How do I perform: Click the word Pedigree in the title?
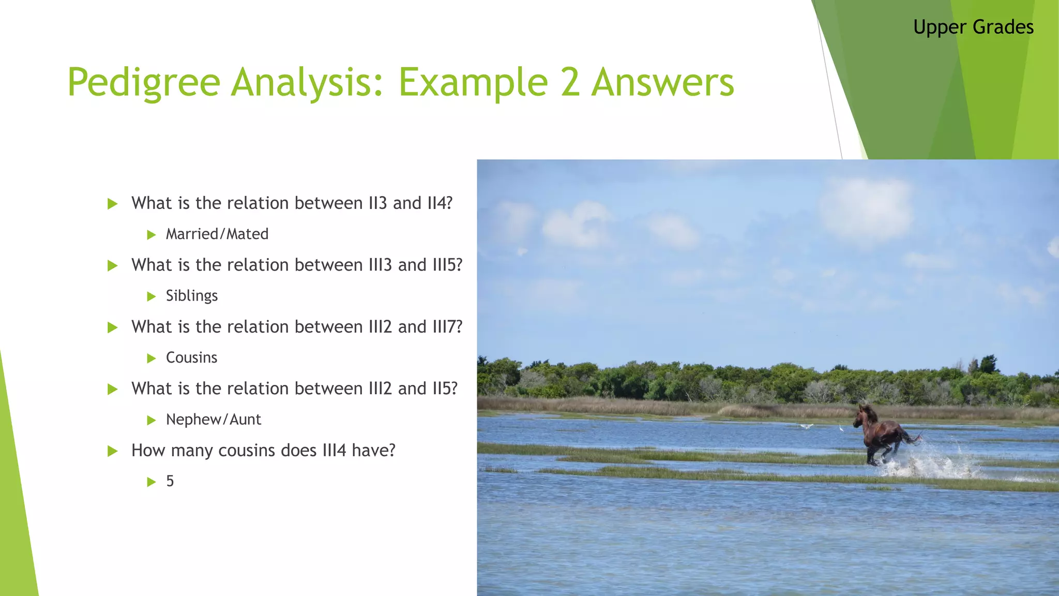click(144, 83)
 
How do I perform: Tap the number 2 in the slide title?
click(570, 83)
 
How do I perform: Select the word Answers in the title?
click(662, 83)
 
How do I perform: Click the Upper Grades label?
click(973, 27)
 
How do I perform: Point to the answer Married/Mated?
click(217, 234)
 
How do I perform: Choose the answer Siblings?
click(192, 296)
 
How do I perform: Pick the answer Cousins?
click(191, 357)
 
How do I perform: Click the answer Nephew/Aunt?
click(213, 420)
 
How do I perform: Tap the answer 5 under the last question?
click(170, 481)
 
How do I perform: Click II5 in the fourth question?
click(444, 389)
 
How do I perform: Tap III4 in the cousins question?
click(334, 451)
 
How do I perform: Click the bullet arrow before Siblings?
click(152, 296)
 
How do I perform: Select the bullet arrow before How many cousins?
click(112, 451)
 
